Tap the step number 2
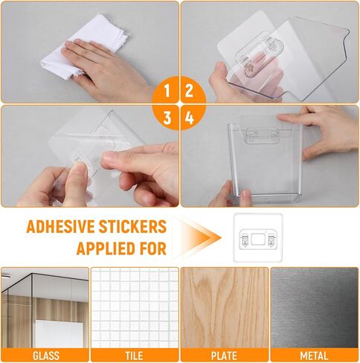click(x=190, y=91)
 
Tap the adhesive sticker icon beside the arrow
click(x=257, y=238)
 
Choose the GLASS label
click(x=45, y=356)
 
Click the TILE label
click(x=135, y=356)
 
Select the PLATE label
click(x=224, y=356)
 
